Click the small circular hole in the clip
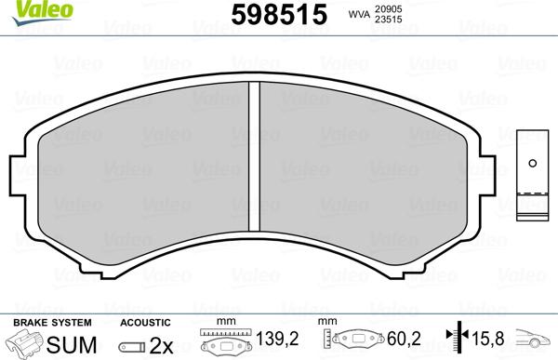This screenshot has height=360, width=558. (533, 164)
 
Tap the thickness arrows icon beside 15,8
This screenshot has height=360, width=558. (457, 340)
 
